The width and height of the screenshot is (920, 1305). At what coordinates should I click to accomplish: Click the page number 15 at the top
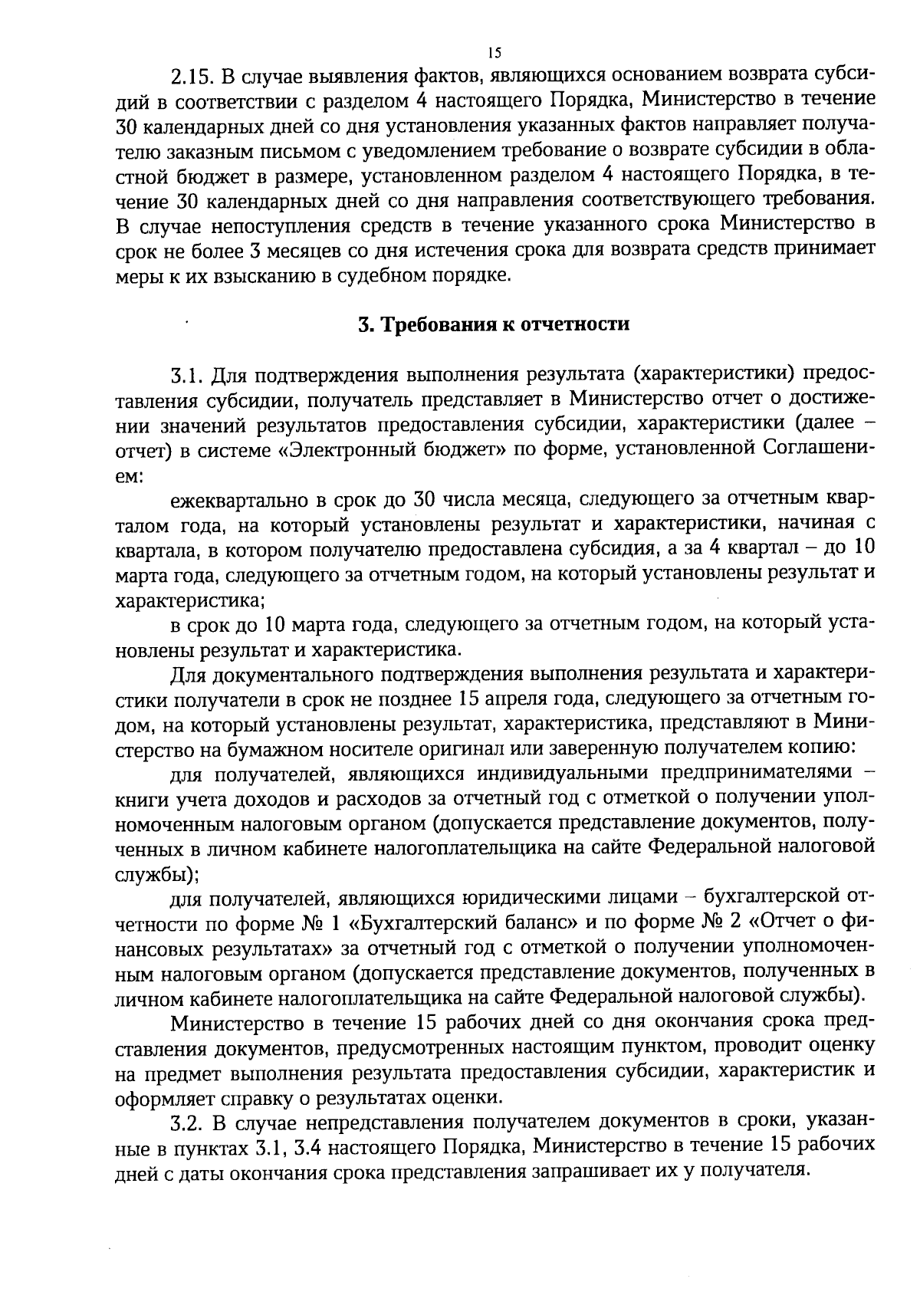click(493, 53)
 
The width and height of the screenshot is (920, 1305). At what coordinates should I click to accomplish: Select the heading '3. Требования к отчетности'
click(494, 324)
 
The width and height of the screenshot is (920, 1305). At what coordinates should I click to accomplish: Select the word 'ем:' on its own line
click(127, 476)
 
